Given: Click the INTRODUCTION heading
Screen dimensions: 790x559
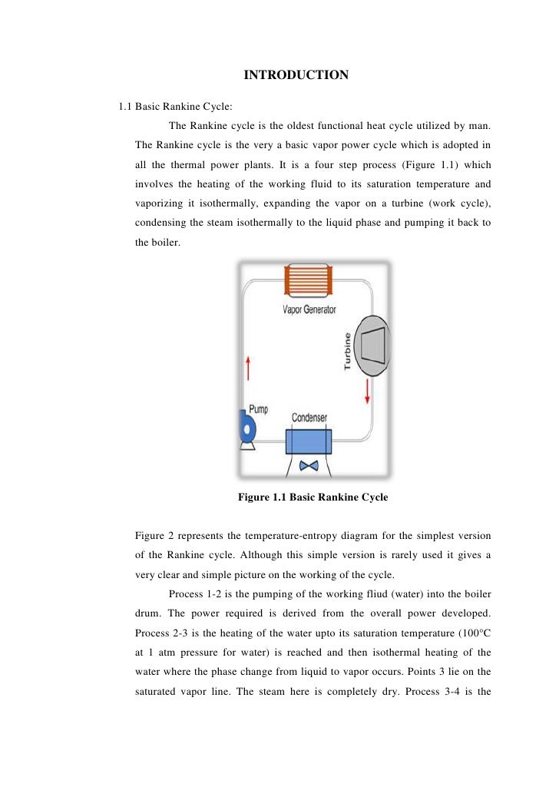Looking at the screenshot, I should tap(296, 75).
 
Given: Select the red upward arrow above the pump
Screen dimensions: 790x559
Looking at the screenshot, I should tap(247, 368).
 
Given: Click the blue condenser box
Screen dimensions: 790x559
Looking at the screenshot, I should tap(309, 442).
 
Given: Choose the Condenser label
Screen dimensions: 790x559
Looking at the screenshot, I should tap(309, 418).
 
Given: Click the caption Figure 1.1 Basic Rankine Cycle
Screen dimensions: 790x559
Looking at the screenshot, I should tap(313, 497).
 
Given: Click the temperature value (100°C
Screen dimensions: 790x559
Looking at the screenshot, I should tap(469, 634).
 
